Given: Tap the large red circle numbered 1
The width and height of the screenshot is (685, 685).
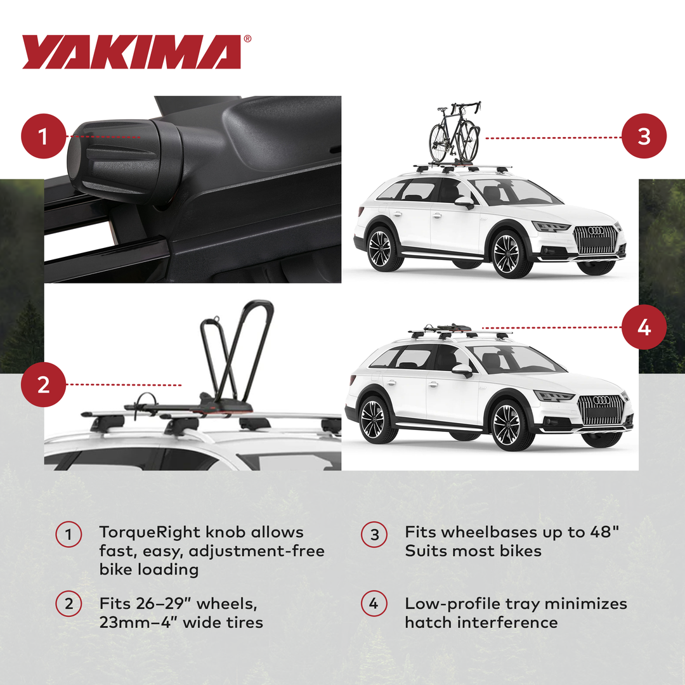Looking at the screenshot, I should pyautogui.click(x=44, y=136).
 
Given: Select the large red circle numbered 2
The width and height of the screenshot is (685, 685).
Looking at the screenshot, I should pyautogui.click(x=44, y=384).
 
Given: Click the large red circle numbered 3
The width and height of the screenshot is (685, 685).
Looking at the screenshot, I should pyautogui.click(x=644, y=136).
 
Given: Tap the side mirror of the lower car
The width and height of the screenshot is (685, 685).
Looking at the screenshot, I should pyautogui.click(x=462, y=370).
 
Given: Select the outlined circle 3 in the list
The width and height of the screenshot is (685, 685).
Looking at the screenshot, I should pyautogui.click(x=374, y=535).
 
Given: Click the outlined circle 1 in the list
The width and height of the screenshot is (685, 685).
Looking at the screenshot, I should pyautogui.click(x=68, y=535).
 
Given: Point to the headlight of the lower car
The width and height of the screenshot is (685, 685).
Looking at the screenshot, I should pyautogui.click(x=554, y=396).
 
